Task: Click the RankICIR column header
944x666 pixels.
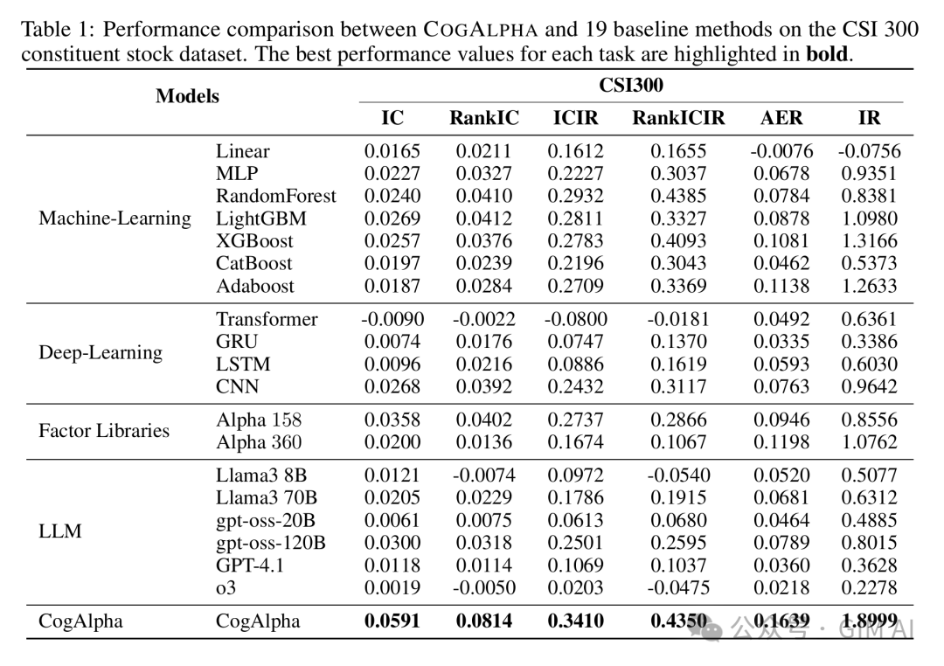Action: [678, 117]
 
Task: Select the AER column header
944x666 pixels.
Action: [781, 117]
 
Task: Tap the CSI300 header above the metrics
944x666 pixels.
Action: [631, 85]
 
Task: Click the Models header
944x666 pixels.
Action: [187, 96]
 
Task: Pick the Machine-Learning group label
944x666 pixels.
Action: [115, 218]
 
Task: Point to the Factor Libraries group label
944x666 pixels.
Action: [104, 431]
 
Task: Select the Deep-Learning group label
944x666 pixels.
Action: [101, 352]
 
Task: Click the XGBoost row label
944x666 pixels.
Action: [254, 241]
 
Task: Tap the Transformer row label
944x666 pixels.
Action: [267, 319]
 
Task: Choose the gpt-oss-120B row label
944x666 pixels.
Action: [271, 543]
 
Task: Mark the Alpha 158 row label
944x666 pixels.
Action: [259, 420]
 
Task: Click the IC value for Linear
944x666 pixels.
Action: [392, 151]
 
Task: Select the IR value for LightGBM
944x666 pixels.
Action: [870, 219]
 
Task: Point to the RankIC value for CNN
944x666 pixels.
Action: [484, 386]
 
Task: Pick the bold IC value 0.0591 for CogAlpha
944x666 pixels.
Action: [392, 621]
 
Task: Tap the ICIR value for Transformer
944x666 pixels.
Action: [575, 319]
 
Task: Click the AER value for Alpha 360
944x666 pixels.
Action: [781, 442]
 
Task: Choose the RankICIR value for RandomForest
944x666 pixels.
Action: [678, 196]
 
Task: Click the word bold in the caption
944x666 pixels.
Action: [827, 54]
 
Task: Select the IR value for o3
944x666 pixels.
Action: [870, 587]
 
